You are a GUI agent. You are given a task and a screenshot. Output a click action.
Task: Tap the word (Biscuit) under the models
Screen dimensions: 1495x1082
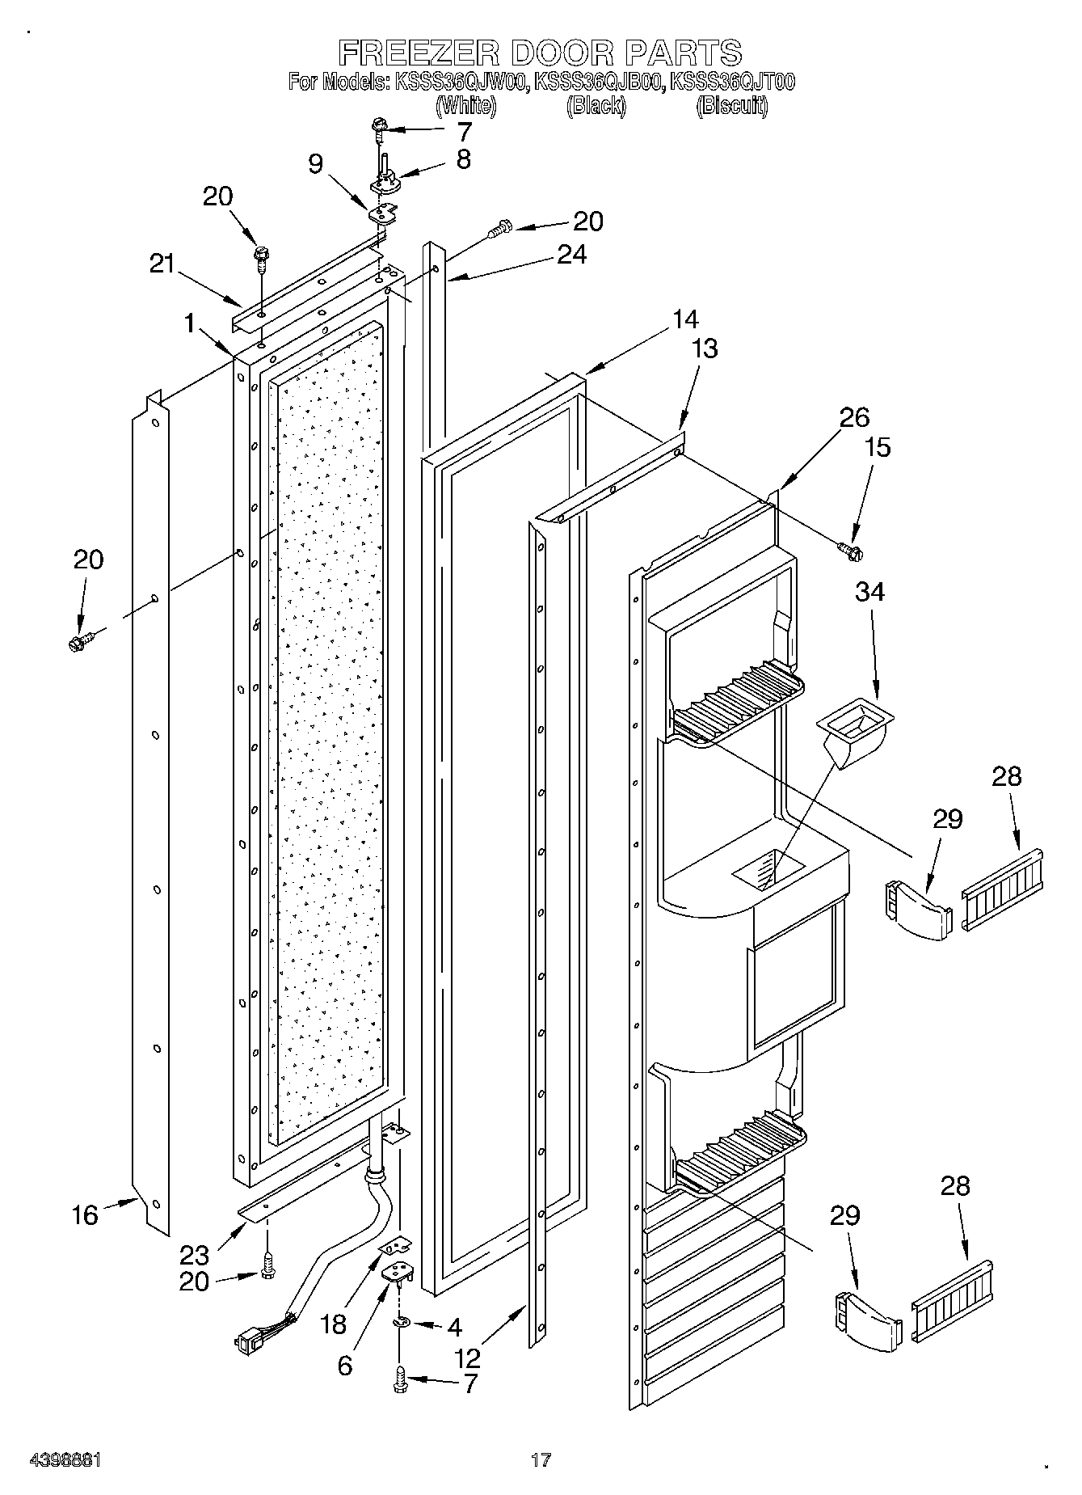click(x=731, y=106)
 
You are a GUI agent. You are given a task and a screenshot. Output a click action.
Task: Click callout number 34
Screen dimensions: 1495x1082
click(x=869, y=592)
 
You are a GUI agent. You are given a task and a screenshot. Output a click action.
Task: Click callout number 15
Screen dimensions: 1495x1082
click(x=878, y=447)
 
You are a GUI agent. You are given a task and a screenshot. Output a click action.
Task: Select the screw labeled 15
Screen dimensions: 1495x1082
click(x=851, y=551)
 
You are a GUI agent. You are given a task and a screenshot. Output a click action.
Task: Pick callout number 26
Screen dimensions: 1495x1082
click(x=854, y=417)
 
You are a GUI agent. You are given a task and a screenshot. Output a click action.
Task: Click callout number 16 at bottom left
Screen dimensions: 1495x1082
click(x=84, y=1214)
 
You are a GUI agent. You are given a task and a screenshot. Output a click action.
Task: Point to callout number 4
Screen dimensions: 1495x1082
click(x=454, y=1327)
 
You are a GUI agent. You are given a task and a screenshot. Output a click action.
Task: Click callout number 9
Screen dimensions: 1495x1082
click(x=316, y=164)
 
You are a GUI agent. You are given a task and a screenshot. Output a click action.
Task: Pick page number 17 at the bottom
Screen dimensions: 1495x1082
click(x=541, y=1460)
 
